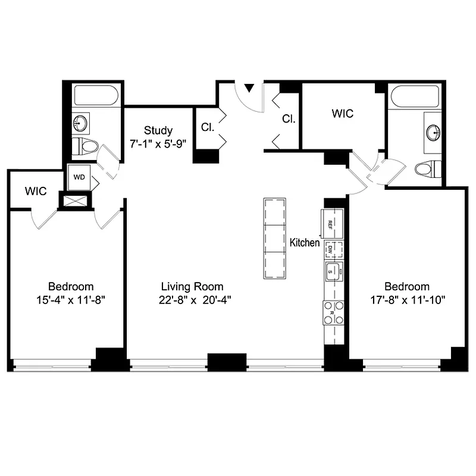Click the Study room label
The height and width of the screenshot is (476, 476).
[158, 130]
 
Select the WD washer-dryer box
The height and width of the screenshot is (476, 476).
[79, 177]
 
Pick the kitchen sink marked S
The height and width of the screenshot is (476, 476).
[334, 271]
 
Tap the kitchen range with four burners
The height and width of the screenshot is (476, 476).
[334, 313]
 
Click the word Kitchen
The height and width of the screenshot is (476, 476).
[305, 243]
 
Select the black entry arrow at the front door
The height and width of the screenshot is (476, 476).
[250, 88]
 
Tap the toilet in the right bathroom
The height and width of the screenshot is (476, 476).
[428, 169]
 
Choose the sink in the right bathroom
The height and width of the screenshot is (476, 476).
[433, 131]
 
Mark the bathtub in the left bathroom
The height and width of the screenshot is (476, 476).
[95, 95]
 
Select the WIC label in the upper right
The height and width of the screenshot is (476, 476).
[342, 113]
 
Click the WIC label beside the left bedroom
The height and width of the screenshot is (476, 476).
[36, 192]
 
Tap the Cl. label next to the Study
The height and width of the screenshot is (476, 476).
[207, 127]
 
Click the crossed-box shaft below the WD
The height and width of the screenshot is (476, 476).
[75, 201]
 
